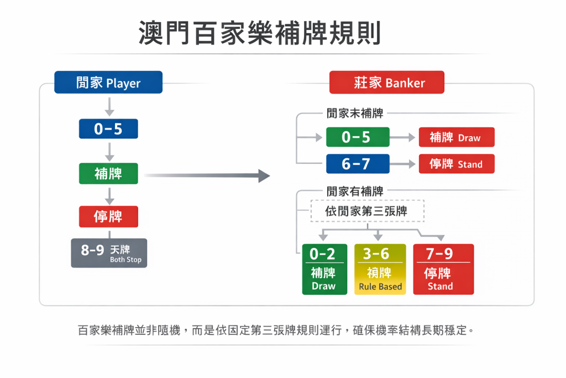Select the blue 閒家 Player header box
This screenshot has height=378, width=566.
pos(108,82)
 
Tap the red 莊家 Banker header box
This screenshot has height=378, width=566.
pos(386,82)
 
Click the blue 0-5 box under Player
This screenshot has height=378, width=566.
pos(108,129)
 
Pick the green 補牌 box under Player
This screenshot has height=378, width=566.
pos(108,173)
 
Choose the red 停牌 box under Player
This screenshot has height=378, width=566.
pos(108,216)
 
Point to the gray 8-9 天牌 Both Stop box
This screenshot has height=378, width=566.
pos(109,253)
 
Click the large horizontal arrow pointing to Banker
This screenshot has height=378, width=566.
pos(207,176)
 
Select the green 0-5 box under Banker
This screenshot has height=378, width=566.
pos(357,137)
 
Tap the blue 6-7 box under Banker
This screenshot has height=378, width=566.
pos(357,164)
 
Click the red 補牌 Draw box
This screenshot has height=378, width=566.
pos(456,137)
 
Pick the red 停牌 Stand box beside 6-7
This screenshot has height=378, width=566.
pos(456,164)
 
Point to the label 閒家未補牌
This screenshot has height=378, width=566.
pos(354,113)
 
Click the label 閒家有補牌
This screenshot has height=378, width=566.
pos(354,191)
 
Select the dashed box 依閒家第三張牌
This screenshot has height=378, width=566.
pos(367,211)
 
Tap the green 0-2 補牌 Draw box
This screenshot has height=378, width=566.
pos(324,270)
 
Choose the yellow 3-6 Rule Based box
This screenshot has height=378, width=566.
pos(380,270)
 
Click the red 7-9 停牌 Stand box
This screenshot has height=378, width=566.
pos(443,270)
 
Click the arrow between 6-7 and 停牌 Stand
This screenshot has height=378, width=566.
pos(404,164)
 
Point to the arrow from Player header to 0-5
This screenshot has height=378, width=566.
pos(109,106)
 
